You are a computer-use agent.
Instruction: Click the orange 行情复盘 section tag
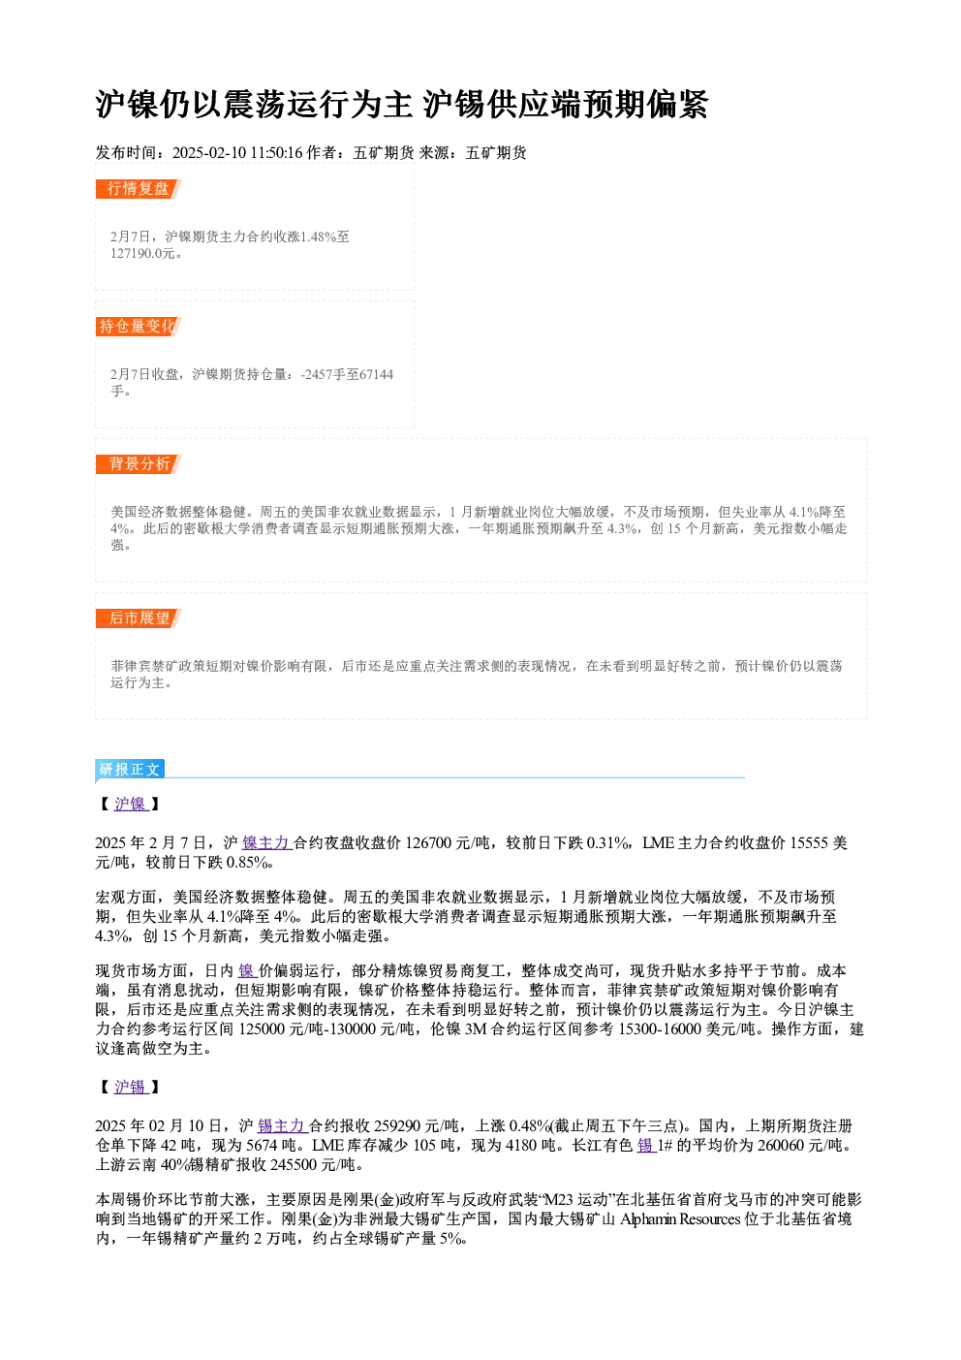(x=138, y=189)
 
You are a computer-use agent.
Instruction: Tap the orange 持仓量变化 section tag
(x=138, y=327)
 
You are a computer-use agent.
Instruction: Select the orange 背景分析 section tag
(x=138, y=464)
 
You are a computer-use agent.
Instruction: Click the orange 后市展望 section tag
(x=138, y=618)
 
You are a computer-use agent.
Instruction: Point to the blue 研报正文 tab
(x=130, y=770)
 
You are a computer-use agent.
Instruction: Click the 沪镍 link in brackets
(x=131, y=804)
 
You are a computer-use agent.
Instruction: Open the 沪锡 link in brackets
(x=131, y=1087)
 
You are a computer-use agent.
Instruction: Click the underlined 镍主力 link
(x=267, y=842)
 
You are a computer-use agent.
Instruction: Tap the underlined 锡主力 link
(x=282, y=1125)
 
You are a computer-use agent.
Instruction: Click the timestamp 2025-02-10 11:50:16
(x=237, y=152)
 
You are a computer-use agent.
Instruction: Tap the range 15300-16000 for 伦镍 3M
(x=660, y=1029)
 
